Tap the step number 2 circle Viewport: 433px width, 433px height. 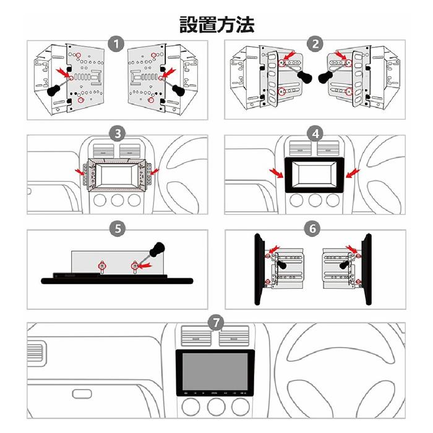point(316,43)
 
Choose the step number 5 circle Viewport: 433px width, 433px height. point(116,228)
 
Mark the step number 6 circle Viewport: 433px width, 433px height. point(314,228)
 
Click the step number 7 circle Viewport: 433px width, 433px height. point(215,322)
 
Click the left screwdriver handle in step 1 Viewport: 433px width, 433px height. point(54,91)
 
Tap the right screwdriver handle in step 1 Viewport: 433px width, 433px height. point(179,90)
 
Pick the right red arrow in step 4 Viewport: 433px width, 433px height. point(353,171)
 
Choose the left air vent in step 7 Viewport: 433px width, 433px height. point(192,337)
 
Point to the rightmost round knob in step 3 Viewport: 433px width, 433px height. point(135,202)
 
